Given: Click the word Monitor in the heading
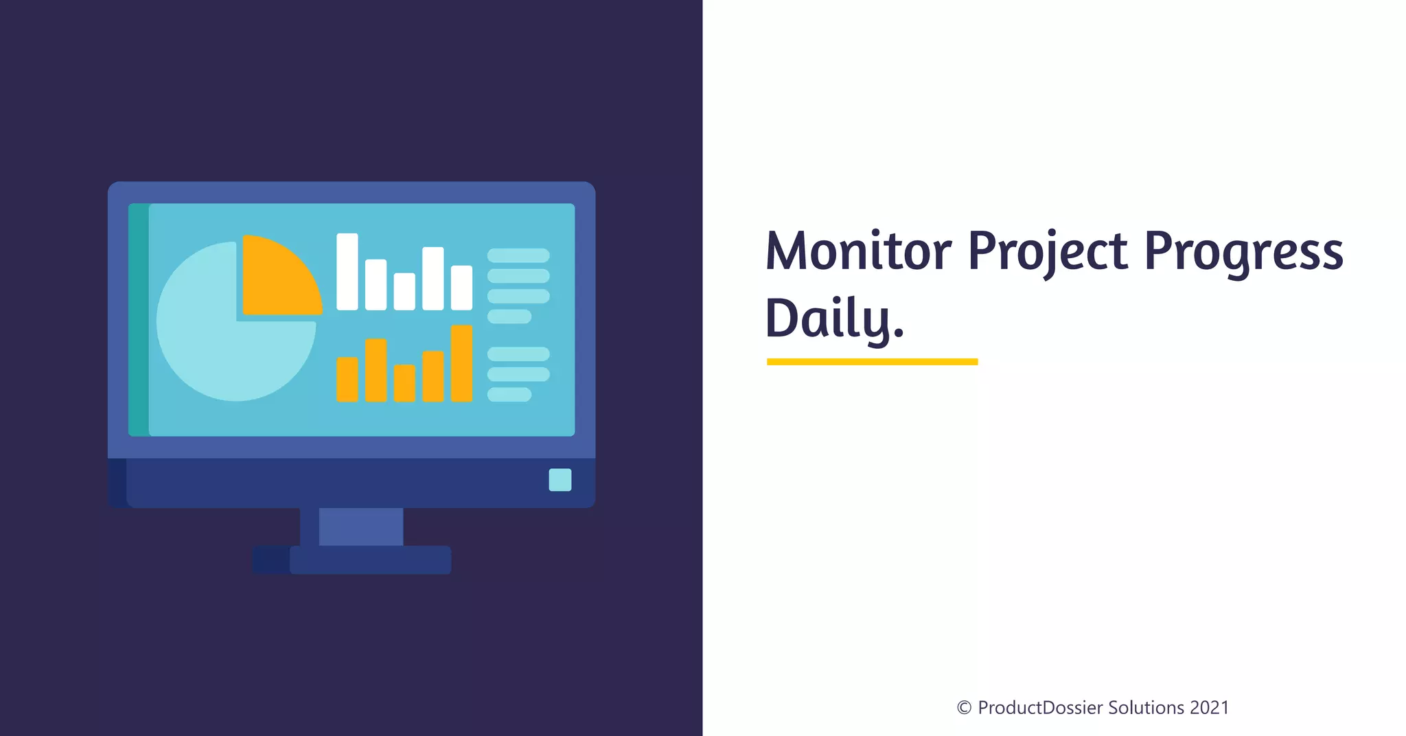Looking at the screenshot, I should click(x=858, y=251).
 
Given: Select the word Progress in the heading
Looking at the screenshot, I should click(x=1243, y=251).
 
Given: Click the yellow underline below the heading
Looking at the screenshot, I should click(x=872, y=362).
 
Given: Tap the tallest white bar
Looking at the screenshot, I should click(x=347, y=272).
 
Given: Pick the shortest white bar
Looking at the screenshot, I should click(x=404, y=291).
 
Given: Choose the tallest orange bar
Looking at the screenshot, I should click(x=461, y=363).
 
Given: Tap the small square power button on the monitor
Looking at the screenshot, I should click(x=560, y=480).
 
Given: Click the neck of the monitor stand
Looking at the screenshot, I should click(x=360, y=527).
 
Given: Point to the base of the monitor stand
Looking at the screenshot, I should click(x=370, y=560).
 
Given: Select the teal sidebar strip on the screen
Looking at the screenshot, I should click(x=139, y=320).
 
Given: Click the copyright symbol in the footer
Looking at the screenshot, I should click(x=964, y=708).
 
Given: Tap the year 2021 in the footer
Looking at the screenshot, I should click(x=1210, y=708).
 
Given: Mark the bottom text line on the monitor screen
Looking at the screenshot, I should click(x=509, y=395).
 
